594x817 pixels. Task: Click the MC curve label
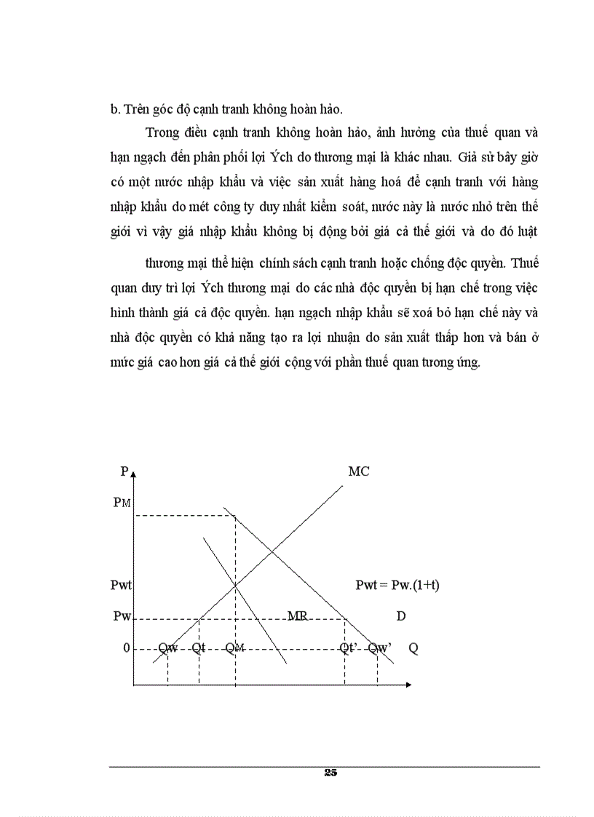point(358,471)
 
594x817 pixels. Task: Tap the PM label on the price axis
point(122,503)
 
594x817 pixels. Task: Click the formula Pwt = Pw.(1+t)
point(397,585)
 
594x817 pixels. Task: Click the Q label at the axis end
point(413,648)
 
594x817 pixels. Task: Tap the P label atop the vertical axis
point(124,471)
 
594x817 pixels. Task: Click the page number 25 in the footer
point(330,773)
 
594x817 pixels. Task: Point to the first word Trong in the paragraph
point(161,132)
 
